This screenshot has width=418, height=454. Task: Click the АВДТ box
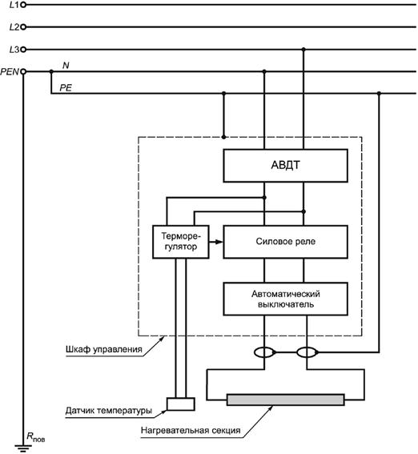coord(285,166)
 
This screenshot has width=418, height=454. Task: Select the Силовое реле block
coord(285,242)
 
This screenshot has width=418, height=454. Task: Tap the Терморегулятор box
coord(181,242)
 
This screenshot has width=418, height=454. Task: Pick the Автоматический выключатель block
coord(285,299)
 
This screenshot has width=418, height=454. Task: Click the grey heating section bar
coord(285,400)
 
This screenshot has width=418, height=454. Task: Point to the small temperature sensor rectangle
coord(181,404)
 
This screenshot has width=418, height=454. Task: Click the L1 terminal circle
coord(23,5)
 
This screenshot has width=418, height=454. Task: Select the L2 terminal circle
coord(23,27)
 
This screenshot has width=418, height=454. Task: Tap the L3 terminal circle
coord(23,50)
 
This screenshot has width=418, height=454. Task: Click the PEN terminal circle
coord(23,71)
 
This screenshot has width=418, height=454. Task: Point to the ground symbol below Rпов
coord(23,448)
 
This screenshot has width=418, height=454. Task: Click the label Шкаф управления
coord(103,349)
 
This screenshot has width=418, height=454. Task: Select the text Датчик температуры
coord(109,411)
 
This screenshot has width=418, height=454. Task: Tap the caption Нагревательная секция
coord(191,430)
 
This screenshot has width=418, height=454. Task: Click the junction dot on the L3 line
coord(303,50)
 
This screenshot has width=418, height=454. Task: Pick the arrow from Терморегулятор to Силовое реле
coord(216,242)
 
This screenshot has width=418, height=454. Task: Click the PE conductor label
coord(66,88)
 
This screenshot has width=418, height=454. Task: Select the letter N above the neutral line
coord(66,66)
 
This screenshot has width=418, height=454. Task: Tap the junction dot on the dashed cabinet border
coord(223,137)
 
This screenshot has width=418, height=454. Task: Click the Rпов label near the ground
coord(35,437)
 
